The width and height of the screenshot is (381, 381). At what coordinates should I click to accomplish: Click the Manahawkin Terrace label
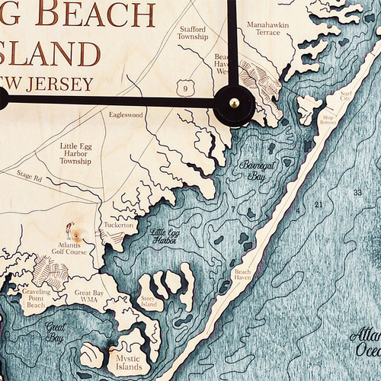coord(267,30)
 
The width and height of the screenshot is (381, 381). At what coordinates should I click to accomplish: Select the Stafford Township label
coord(192,33)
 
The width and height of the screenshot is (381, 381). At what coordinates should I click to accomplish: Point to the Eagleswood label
coord(126,115)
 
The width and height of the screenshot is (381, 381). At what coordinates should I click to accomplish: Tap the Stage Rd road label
coord(28,176)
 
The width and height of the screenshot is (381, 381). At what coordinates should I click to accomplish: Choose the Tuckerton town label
coord(120,226)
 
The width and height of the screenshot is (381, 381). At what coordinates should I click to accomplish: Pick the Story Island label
coord(148,302)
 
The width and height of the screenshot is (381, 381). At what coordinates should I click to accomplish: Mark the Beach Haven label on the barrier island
coord(243,275)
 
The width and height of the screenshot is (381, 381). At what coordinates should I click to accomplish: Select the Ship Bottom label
coord(329,120)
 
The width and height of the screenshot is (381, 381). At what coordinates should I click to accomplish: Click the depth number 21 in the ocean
coord(318,204)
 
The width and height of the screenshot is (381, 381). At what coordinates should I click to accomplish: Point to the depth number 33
coord(357,193)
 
